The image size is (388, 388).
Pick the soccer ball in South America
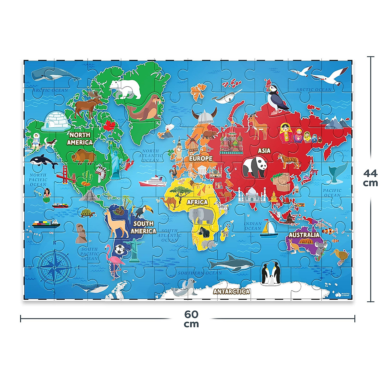pos(119,249)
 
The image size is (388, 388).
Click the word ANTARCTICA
pos(232,291)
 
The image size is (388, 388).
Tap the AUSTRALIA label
pos(304,234)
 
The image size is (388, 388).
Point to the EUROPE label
pos(201,158)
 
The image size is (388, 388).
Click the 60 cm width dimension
pos(191,319)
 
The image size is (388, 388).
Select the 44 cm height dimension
pos(371,178)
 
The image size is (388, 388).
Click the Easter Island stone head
pos(80,232)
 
